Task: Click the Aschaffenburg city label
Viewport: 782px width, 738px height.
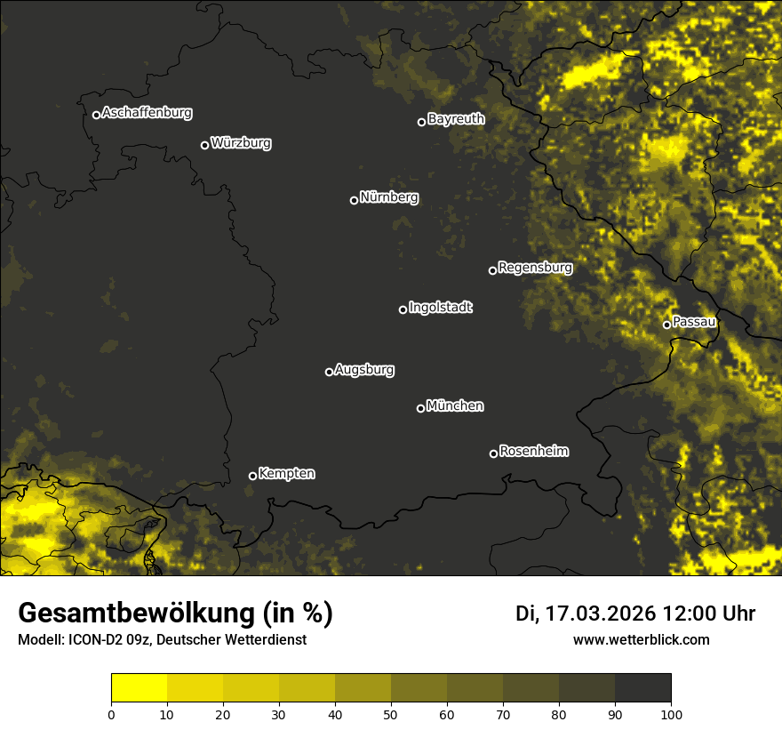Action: click(147, 113)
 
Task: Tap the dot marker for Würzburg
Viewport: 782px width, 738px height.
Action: click(204, 145)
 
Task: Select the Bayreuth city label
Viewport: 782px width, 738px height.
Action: click(456, 119)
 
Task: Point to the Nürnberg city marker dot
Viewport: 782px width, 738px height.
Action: click(354, 200)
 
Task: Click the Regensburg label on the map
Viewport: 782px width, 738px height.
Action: click(535, 268)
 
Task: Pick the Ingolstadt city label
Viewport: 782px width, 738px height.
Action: click(441, 308)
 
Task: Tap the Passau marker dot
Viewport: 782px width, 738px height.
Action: click(666, 325)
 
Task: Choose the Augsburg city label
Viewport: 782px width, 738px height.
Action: click(364, 370)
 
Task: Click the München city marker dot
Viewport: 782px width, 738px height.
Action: click(420, 409)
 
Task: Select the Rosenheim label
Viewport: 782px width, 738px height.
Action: click(533, 452)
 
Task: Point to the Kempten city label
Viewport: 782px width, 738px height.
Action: click(286, 474)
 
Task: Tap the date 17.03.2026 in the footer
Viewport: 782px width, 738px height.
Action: click(601, 614)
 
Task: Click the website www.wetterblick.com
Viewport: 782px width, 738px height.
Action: click(642, 639)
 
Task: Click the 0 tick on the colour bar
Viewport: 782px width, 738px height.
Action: click(111, 713)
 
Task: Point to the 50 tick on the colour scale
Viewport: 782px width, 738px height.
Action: click(391, 713)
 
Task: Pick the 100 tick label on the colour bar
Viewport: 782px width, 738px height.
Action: click(670, 713)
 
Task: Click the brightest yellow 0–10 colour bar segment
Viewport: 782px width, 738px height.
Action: click(140, 688)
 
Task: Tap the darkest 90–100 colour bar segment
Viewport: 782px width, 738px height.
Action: click(642, 688)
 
